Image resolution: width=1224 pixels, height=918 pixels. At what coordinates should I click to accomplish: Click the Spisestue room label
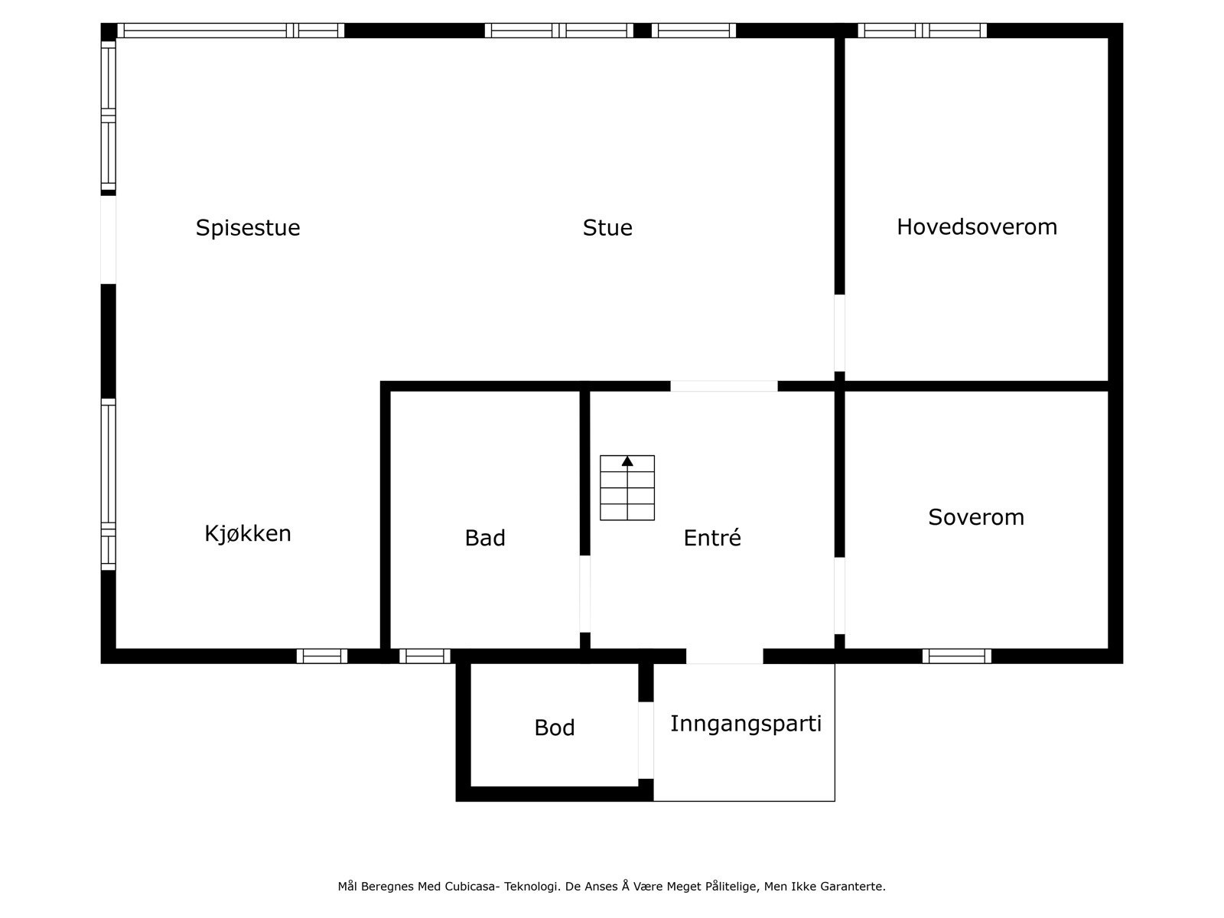click(248, 228)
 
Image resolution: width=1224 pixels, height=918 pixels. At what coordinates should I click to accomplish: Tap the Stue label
click(607, 228)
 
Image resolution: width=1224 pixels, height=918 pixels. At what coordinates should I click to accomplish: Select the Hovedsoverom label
click(977, 227)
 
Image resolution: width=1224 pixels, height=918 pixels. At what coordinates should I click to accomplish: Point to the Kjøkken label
click(248, 533)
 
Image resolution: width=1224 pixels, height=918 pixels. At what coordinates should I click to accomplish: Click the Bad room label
click(485, 539)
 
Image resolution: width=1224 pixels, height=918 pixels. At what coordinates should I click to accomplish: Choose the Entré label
click(712, 539)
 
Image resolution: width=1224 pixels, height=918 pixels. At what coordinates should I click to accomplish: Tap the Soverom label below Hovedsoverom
click(976, 517)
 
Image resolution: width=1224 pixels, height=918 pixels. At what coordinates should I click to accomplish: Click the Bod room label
click(555, 728)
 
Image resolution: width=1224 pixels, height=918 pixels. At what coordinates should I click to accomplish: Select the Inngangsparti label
click(746, 724)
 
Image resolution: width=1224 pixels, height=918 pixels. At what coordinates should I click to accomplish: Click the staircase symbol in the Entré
click(627, 488)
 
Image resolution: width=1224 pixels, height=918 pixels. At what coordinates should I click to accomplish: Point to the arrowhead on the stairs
click(627, 461)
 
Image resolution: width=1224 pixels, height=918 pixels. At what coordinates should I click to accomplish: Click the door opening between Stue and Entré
click(724, 386)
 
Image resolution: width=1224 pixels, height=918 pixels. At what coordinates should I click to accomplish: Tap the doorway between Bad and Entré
click(585, 594)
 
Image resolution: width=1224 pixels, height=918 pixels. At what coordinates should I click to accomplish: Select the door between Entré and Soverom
click(839, 595)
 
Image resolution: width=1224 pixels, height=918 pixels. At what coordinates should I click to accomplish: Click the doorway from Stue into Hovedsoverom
click(839, 333)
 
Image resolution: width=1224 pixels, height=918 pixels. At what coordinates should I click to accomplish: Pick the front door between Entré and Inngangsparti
click(724, 656)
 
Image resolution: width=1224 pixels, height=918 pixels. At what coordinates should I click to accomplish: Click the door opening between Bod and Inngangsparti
click(646, 740)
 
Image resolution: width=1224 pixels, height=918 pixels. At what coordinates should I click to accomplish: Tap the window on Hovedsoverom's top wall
click(922, 31)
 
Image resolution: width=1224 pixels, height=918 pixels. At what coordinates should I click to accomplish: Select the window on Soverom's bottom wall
click(956, 656)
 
